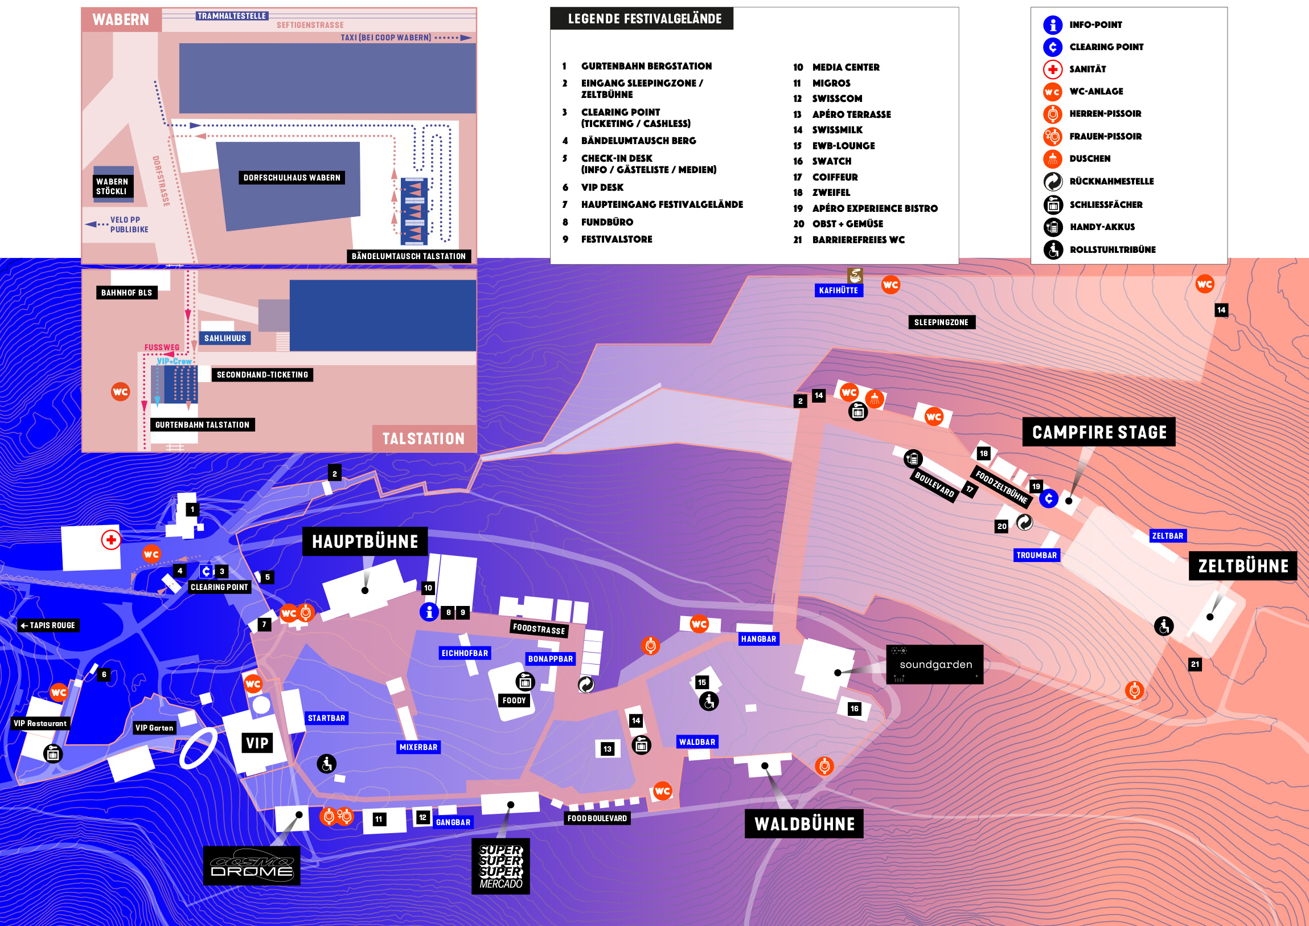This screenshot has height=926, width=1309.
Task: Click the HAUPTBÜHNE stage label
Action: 366,541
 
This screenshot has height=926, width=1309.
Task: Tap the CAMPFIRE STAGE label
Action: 1099,432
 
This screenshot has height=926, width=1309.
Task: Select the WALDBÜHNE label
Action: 805,824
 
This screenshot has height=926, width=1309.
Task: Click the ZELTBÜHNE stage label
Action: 1243,566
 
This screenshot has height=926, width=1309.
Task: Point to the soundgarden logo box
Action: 935,664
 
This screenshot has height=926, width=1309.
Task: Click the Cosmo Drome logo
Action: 252,866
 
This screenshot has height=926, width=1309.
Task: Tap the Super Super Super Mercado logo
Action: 500,866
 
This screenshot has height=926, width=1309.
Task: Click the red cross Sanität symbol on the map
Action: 111,539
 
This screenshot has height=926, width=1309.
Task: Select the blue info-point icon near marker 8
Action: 429,612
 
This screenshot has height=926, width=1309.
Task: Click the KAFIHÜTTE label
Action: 839,290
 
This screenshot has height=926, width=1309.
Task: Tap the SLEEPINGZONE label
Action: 941,322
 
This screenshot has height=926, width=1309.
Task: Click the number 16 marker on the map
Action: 854,709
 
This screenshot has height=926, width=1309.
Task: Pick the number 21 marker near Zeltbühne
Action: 1195,663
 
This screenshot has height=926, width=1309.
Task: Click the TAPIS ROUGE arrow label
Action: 48,625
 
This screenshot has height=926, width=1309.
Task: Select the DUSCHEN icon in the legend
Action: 1052,159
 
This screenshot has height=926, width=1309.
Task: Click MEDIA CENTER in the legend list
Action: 846,67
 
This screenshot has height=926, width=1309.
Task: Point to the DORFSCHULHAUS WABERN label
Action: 292,178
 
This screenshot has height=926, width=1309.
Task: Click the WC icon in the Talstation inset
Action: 120,392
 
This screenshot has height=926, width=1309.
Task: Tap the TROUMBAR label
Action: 1036,555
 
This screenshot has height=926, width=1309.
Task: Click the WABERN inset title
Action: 121,19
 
